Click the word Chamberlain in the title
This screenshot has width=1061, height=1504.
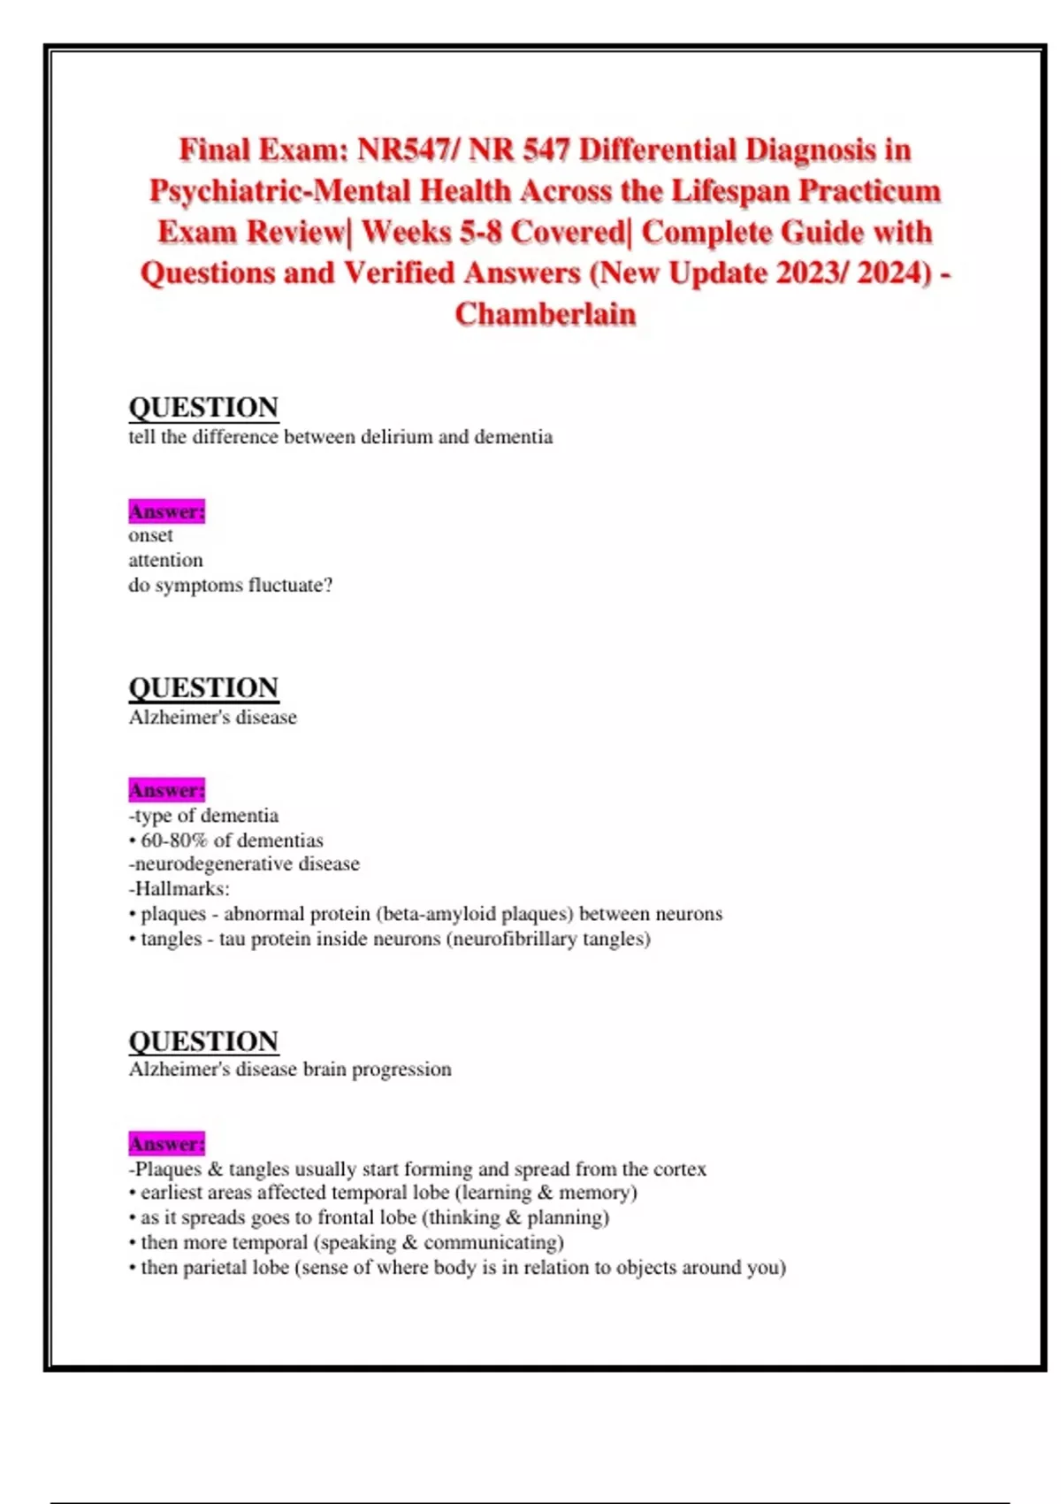546,314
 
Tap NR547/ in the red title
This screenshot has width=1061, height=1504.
408,150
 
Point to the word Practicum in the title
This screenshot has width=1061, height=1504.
870,191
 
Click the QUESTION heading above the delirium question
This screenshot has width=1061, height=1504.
203,407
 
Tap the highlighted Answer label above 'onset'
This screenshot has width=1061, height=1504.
166,511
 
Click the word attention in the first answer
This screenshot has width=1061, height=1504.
165,560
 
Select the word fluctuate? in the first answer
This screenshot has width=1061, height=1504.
291,585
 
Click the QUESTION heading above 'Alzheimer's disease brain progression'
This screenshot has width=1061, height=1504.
203,1040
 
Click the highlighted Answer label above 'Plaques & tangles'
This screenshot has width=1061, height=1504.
166,1144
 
